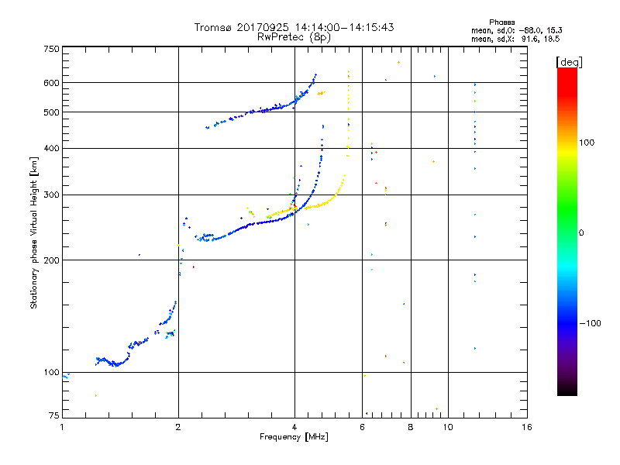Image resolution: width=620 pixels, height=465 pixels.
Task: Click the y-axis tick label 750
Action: tap(51, 48)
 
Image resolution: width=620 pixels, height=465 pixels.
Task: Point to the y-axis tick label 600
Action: tap(51, 82)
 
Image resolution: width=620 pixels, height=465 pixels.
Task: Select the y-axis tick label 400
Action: tap(51, 148)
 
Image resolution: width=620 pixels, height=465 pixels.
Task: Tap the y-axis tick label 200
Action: tap(51, 260)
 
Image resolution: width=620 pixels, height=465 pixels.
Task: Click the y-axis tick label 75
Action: tap(53, 416)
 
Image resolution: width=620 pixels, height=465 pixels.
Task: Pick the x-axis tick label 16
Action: tap(526, 427)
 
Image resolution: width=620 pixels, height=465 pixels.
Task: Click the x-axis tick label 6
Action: tap(362, 427)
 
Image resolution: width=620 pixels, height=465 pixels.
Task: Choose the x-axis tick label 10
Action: tap(448, 427)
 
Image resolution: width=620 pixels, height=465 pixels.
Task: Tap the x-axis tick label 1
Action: tap(62, 427)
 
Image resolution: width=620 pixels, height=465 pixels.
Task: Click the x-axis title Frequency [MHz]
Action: tap(294, 438)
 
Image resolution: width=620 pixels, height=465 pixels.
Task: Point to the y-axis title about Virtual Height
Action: tap(34, 232)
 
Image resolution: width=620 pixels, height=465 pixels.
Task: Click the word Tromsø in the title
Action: tap(215, 27)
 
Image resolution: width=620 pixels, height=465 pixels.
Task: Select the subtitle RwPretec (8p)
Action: tap(294, 36)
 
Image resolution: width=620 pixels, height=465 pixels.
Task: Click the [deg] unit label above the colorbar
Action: tap(569, 61)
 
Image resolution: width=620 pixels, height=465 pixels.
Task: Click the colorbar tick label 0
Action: tap(583, 233)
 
